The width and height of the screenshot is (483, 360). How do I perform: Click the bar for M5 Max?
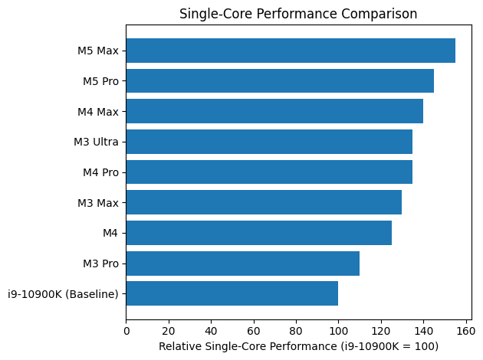[291, 51]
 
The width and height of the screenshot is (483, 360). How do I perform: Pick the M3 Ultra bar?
[269, 142]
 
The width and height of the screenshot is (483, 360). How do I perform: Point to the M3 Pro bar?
[243, 263]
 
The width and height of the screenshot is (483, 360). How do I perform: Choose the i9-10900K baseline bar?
[232, 293]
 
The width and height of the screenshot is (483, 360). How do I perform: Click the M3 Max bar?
[264, 202]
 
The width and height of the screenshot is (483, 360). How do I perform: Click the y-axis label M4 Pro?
[100, 172]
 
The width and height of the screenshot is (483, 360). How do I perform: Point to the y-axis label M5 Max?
[99, 51]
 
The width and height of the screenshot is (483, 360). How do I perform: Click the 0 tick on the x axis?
[127, 331]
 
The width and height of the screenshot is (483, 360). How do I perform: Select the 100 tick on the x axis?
[338, 331]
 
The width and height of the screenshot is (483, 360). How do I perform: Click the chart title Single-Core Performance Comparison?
[298, 13]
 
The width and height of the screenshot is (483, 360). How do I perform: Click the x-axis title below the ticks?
[298, 347]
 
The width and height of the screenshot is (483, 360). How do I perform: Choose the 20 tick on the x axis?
[169, 331]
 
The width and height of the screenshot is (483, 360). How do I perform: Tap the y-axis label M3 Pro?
[100, 263]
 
